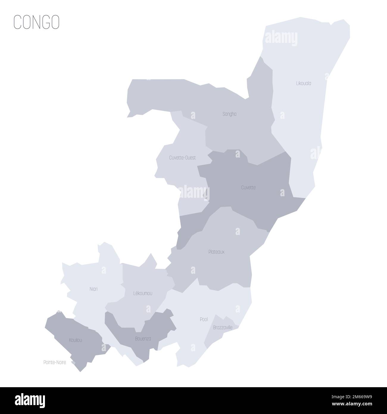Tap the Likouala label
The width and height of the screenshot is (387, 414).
pyautogui.click(x=304, y=83)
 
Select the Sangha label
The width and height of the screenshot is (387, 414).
pyautogui.click(x=230, y=114)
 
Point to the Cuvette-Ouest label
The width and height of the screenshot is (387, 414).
pyautogui.click(x=182, y=158)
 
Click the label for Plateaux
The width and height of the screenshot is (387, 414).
pyautogui.click(x=216, y=252)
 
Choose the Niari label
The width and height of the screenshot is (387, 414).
pyautogui.click(x=93, y=289)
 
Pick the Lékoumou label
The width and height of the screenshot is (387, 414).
pyautogui.click(x=143, y=293)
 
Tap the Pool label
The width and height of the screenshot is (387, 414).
pyautogui.click(x=204, y=319)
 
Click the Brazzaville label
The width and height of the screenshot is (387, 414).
pyautogui.click(x=223, y=328)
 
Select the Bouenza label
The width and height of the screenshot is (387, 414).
pyautogui.click(x=143, y=339)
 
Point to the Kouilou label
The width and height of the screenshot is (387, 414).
pyautogui.click(x=75, y=340)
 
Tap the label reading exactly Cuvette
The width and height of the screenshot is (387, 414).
pyautogui.click(x=248, y=188)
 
